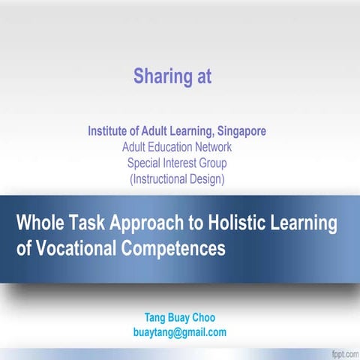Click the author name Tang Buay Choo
point(178,317)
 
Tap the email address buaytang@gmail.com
point(179,332)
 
